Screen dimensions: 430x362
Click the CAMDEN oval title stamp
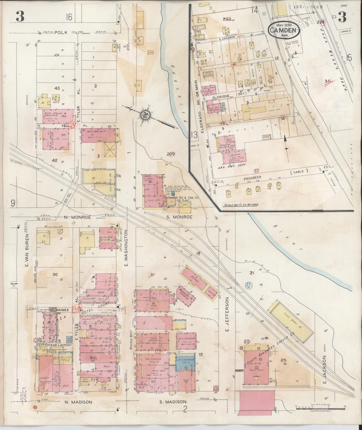284,30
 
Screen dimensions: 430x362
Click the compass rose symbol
147,115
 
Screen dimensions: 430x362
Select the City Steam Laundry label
55,345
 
